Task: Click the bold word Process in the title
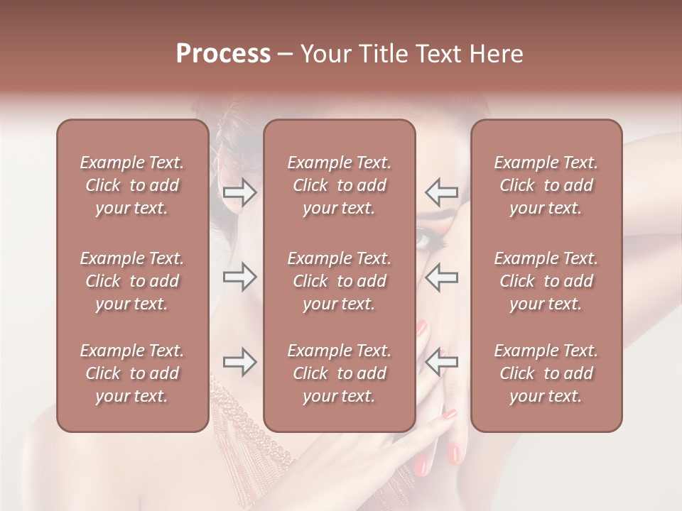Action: click(223, 54)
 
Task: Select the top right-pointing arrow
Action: click(240, 192)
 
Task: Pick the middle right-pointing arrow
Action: click(240, 277)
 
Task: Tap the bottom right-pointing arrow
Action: click(240, 363)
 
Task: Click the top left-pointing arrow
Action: click(442, 192)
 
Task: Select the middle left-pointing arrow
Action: click(442, 277)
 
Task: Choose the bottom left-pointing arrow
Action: click(442, 363)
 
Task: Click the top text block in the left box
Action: click(132, 185)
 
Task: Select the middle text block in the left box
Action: click(132, 281)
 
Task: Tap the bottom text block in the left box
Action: click(132, 373)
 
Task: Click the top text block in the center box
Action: click(340, 185)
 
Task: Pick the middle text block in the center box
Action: click(340, 281)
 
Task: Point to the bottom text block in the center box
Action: click(340, 373)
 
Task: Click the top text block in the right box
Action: click(546, 185)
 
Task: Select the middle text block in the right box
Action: click(546, 281)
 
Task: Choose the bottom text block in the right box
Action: click(546, 373)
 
